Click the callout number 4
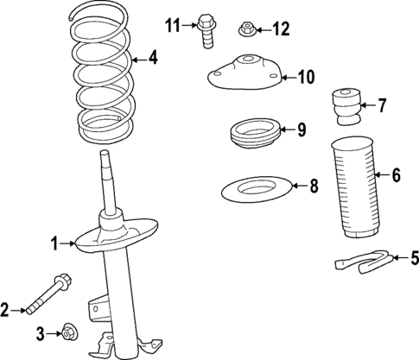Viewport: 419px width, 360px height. tap(152, 60)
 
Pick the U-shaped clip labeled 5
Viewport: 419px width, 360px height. tap(363, 261)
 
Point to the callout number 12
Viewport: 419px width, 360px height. tap(281, 30)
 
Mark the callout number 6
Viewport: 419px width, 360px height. tap(395, 176)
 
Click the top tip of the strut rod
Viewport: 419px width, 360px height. tap(106, 155)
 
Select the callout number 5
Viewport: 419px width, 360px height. tap(414, 256)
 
